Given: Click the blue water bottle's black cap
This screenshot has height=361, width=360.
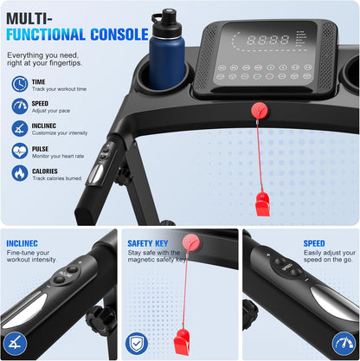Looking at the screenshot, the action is (166, 23).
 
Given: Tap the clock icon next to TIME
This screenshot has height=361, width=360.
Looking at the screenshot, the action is (20, 84).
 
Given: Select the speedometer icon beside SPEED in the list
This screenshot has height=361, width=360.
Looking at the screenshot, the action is (20, 106).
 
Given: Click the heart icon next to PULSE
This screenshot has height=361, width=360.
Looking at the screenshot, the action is (20, 151).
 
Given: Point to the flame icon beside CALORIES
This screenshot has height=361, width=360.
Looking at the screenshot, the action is (20, 173).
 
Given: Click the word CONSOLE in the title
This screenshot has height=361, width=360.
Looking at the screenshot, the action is (119, 35).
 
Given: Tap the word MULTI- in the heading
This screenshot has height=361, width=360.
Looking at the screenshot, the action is (29, 19).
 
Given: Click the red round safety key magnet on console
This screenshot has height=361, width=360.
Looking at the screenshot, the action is (260, 111).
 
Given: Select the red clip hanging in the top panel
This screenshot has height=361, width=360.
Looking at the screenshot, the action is (263, 204).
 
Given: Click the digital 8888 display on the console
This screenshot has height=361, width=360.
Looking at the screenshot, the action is (268, 40).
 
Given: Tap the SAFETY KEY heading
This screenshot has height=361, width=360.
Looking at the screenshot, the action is (148, 243).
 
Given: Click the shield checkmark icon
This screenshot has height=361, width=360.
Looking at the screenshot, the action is (137, 344).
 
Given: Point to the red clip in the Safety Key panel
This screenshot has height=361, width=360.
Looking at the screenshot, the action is (182, 341).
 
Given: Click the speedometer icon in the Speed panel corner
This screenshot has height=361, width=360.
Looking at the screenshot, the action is (344, 344).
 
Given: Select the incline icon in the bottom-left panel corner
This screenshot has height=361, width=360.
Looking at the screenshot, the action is (16, 344).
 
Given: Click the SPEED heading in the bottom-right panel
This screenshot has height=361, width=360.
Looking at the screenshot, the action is (314, 243).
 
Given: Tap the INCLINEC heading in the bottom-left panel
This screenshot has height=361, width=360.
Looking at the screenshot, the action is (22, 243).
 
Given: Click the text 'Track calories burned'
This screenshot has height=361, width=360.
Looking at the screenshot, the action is (57, 178).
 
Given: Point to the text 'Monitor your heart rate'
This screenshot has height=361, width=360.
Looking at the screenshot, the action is (58, 156).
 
